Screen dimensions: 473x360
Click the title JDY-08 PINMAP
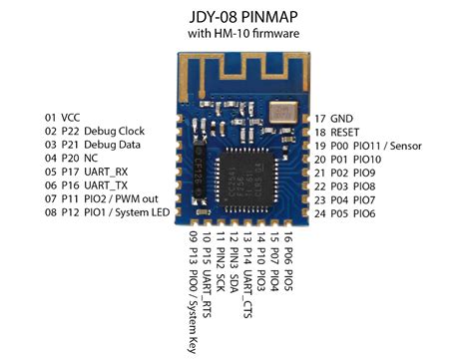tap(237, 17)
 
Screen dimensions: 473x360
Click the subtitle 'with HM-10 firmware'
tap(237, 36)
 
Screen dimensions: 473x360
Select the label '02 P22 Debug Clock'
tap(88, 131)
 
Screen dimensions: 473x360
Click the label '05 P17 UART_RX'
tap(79, 172)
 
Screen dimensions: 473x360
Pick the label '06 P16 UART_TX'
tap(79, 185)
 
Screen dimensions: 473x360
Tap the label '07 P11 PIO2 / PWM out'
tap(97, 198)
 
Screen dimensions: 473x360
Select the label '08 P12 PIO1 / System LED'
tap(103, 212)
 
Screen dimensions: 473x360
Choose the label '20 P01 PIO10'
tap(348, 158)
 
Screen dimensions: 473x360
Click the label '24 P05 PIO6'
tap(345, 212)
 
